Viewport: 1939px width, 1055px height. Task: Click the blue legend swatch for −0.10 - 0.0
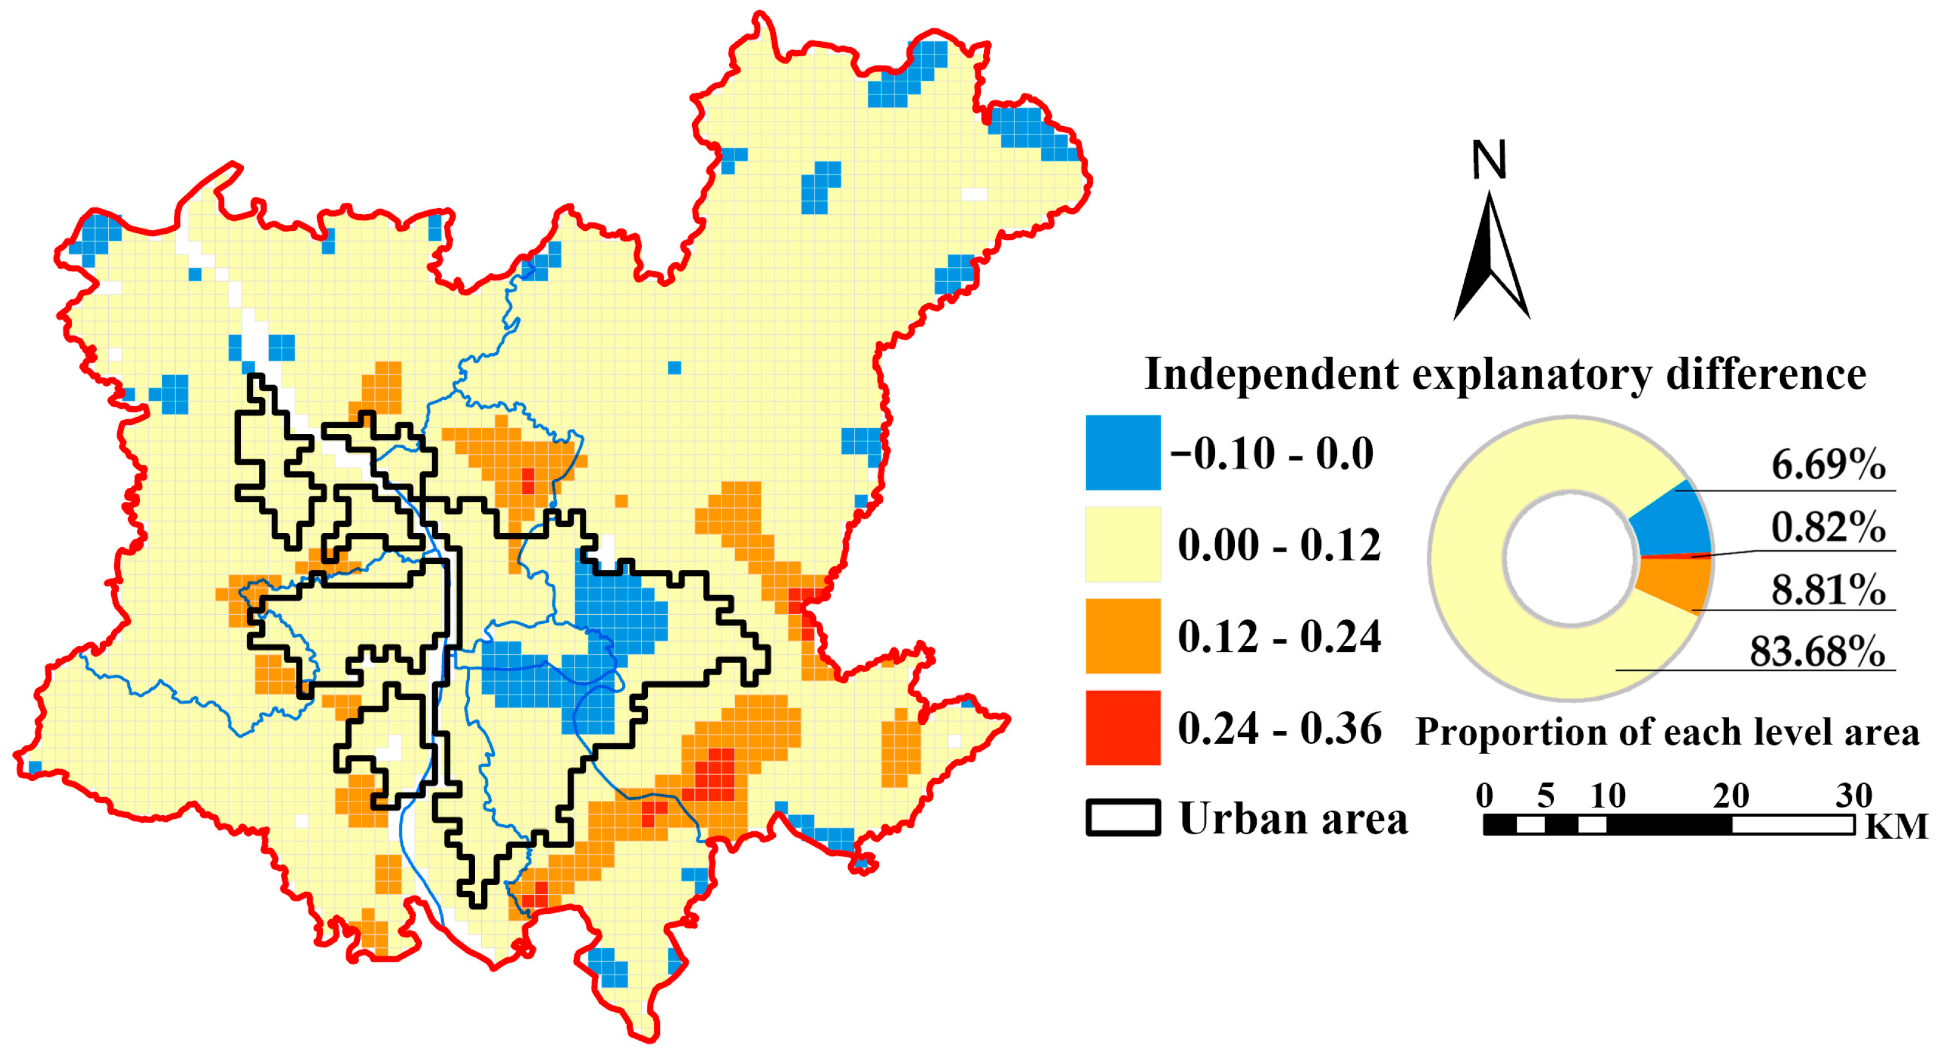[x=1123, y=453]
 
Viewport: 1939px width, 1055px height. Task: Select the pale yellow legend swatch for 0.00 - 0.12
[x=1123, y=544]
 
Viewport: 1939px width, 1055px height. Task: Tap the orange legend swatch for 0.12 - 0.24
[x=1123, y=636]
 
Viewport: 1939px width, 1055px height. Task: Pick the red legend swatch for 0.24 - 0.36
[x=1123, y=727]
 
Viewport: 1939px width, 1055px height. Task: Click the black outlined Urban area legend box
[x=1123, y=818]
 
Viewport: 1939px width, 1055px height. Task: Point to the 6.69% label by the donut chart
[x=1828, y=464]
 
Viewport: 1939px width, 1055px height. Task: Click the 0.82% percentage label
[x=1828, y=526]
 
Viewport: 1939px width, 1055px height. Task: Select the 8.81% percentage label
[x=1828, y=589]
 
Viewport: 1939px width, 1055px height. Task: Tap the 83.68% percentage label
[x=1817, y=651]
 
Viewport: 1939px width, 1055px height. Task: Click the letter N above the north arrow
[x=1489, y=160]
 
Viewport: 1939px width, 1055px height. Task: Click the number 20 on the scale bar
[x=1730, y=796]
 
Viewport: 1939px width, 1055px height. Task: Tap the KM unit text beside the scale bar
[x=1896, y=827]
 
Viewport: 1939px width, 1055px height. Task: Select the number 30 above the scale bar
[x=1853, y=796]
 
